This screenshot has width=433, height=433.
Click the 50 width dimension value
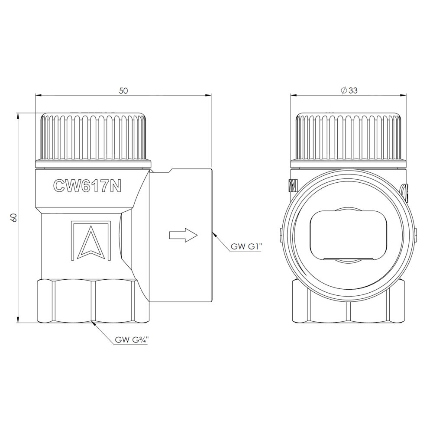[123, 90]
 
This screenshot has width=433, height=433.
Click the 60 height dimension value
[14, 218]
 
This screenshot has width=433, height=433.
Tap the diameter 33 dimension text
[349, 90]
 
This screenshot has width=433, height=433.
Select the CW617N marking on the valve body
[87, 186]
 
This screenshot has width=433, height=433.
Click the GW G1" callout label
[246, 247]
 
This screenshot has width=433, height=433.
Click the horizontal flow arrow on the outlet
[183, 235]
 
